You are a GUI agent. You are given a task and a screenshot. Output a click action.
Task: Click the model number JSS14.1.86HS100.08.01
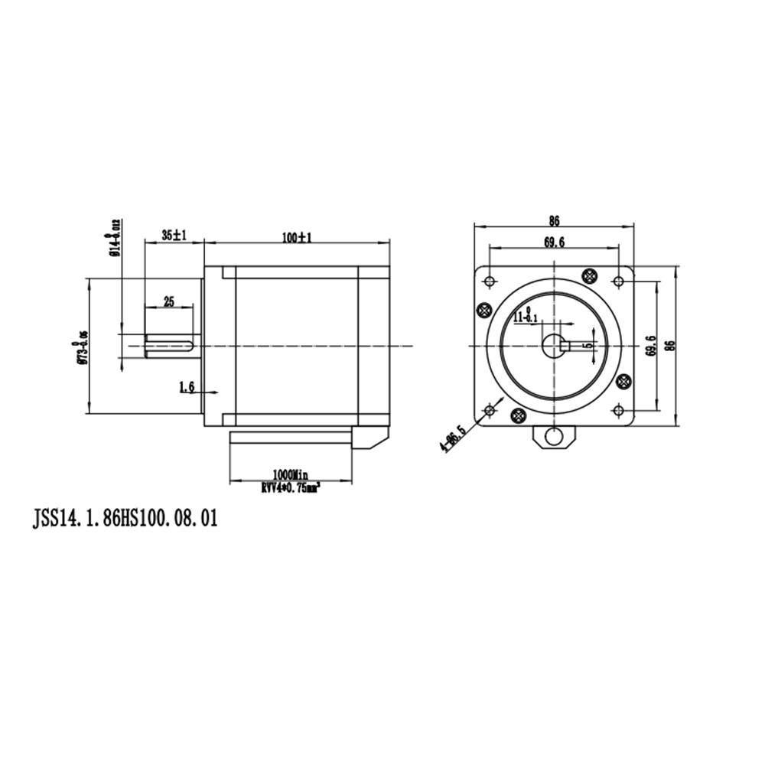coord(124,519)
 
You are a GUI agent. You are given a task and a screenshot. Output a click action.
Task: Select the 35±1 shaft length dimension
coord(174,236)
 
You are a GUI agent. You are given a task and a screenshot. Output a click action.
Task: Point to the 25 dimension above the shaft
coord(168,301)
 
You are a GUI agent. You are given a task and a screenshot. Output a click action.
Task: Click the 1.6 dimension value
coord(187,388)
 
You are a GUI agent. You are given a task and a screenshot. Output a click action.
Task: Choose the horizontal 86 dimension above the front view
coord(554,221)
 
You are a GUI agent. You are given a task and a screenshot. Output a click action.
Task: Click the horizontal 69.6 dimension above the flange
coord(554,243)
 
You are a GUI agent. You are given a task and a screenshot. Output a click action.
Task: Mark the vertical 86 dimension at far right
coord(670,346)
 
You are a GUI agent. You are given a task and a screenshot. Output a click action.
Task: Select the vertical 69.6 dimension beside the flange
coord(650,346)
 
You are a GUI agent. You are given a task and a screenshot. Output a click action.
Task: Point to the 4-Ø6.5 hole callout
coord(451,438)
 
